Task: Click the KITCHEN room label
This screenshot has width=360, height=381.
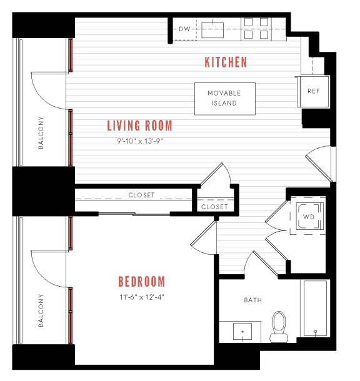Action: click(x=226, y=62)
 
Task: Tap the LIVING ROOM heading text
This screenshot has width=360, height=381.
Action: click(x=139, y=126)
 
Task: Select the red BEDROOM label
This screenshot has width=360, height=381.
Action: click(x=142, y=281)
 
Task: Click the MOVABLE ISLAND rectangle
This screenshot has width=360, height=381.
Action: click(x=224, y=99)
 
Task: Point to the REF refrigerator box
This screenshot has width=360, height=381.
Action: click(x=313, y=92)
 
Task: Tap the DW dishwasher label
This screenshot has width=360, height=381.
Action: click(x=184, y=29)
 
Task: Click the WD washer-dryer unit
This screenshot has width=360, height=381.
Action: click(x=308, y=218)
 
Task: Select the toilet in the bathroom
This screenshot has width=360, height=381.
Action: click(x=278, y=326)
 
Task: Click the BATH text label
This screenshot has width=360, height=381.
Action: click(x=252, y=300)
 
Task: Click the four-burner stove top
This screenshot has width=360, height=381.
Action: click(x=256, y=29)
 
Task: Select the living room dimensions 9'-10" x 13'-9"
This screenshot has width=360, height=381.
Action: click(x=139, y=141)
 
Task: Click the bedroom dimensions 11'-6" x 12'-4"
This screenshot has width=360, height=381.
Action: click(x=142, y=297)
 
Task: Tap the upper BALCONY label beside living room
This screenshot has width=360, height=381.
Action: click(x=42, y=133)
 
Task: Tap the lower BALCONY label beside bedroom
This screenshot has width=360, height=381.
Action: click(x=42, y=310)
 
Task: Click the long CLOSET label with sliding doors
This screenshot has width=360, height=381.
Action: click(x=141, y=195)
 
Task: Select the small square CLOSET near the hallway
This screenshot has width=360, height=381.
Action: click(x=214, y=207)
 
